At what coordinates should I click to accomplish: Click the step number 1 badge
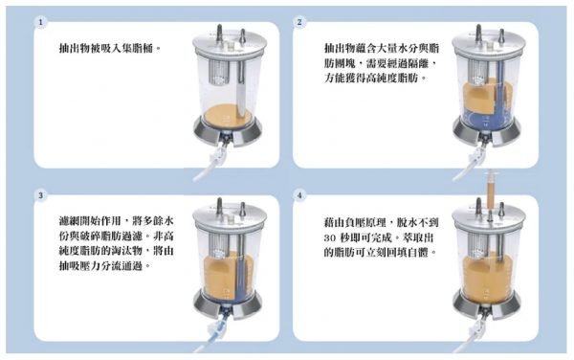click(x=40, y=22)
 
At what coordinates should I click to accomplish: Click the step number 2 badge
click(x=299, y=22)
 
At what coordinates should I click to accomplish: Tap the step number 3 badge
click(x=40, y=195)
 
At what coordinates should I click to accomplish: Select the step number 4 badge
click(x=299, y=195)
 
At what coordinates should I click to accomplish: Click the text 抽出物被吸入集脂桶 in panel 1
click(x=106, y=48)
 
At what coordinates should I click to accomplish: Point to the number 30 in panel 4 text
click(x=330, y=238)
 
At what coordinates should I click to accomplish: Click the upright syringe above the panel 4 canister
click(x=490, y=191)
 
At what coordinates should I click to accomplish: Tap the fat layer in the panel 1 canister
click(x=228, y=115)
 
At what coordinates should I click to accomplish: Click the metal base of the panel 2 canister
click(x=487, y=131)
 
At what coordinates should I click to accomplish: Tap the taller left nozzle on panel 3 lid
click(x=219, y=207)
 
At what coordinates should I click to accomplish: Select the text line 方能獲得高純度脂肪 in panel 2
click(x=376, y=78)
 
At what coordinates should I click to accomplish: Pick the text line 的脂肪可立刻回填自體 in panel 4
click(x=381, y=252)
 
